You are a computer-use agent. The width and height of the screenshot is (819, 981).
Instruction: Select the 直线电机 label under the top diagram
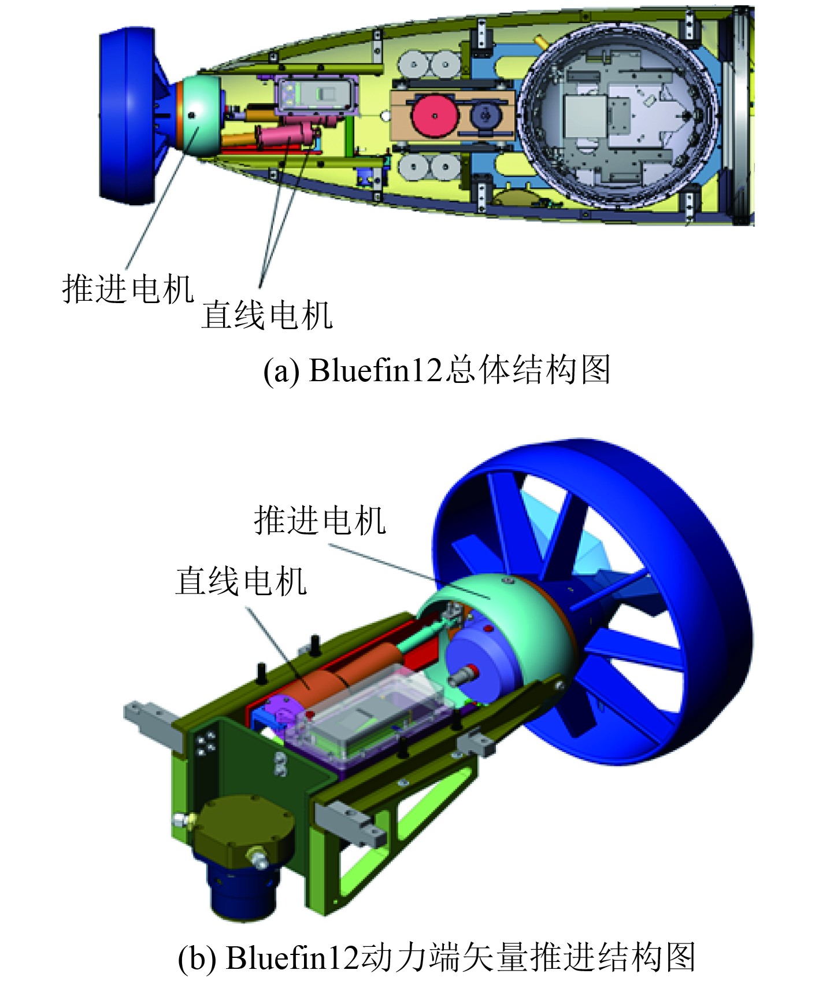click(266, 315)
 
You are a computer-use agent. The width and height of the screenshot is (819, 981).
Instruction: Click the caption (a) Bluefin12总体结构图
click(437, 370)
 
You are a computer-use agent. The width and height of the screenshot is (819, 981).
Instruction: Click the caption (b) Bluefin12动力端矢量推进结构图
click(437, 957)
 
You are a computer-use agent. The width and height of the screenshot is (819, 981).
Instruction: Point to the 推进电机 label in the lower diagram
click(320, 520)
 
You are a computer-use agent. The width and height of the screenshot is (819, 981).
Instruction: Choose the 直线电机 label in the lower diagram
click(241, 581)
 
